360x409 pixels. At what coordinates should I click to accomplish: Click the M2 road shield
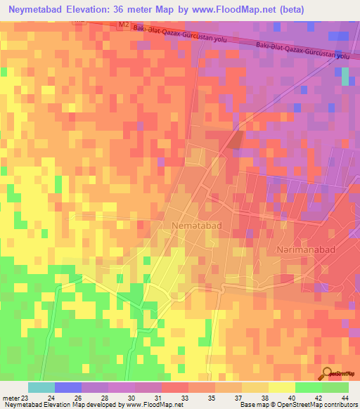(124, 25)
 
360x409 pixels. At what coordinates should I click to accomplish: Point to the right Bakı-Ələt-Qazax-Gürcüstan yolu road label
(303, 50)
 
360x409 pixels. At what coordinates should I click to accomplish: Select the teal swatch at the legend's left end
(41, 387)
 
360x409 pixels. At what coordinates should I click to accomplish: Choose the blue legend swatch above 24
(68, 387)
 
